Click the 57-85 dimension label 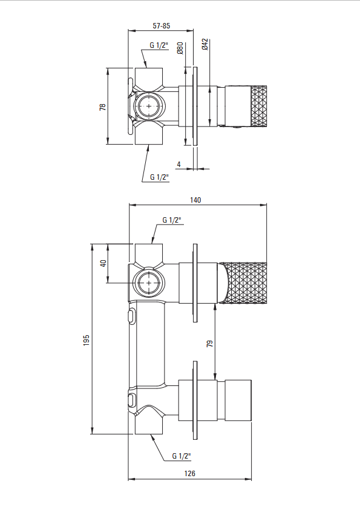click(162, 26)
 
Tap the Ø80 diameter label click(180, 48)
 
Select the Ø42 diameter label click(205, 44)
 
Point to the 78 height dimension click(103, 107)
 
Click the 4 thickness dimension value click(178, 165)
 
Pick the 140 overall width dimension click(195, 200)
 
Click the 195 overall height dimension click(87, 341)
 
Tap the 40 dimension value click(103, 263)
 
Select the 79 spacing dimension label click(210, 344)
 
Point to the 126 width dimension click(190, 473)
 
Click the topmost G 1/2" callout click(159, 45)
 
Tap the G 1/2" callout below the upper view click(160, 177)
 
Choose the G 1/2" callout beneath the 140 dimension click(172, 220)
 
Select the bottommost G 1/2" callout click(182, 456)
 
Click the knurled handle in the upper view click(259, 106)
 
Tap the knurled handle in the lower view click(243, 283)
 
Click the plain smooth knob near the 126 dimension click(238, 401)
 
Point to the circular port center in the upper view click(149, 106)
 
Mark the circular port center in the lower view click(149, 283)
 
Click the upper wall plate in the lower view click(195, 283)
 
